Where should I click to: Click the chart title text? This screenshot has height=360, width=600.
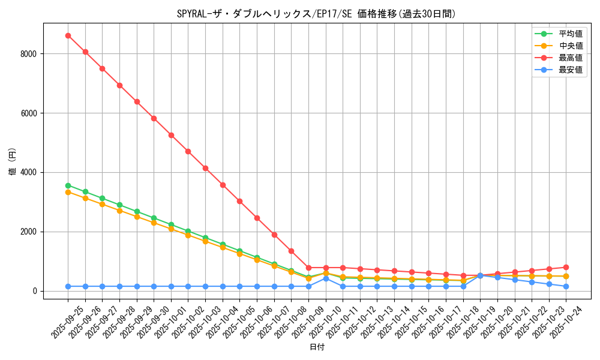[x=316, y=14]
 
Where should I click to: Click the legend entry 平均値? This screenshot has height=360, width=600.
[x=571, y=34]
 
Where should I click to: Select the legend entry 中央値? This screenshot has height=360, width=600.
[x=571, y=46]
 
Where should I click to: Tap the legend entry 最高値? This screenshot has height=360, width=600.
[x=571, y=58]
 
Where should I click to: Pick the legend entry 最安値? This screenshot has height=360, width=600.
[x=571, y=70]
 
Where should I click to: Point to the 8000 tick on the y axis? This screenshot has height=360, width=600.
[x=28, y=54]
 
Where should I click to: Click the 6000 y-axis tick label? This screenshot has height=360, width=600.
[x=28, y=113]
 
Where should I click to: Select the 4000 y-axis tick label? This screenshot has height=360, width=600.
[x=28, y=173]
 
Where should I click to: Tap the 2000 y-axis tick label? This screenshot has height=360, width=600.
[x=28, y=232]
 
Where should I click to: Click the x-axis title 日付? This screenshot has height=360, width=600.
[x=317, y=347]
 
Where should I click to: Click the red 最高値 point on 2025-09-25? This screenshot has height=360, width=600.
[x=68, y=35]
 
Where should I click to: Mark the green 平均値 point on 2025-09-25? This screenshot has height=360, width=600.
[x=68, y=185]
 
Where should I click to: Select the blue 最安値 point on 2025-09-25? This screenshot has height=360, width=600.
[x=68, y=286]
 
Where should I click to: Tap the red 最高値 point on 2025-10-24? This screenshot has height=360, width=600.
[x=566, y=267]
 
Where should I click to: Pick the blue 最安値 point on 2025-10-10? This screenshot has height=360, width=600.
[x=326, y=278]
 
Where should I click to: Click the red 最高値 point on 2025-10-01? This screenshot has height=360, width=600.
[x=171, y=135]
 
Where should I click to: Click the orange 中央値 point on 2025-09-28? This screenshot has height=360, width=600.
[x=119, y=211]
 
